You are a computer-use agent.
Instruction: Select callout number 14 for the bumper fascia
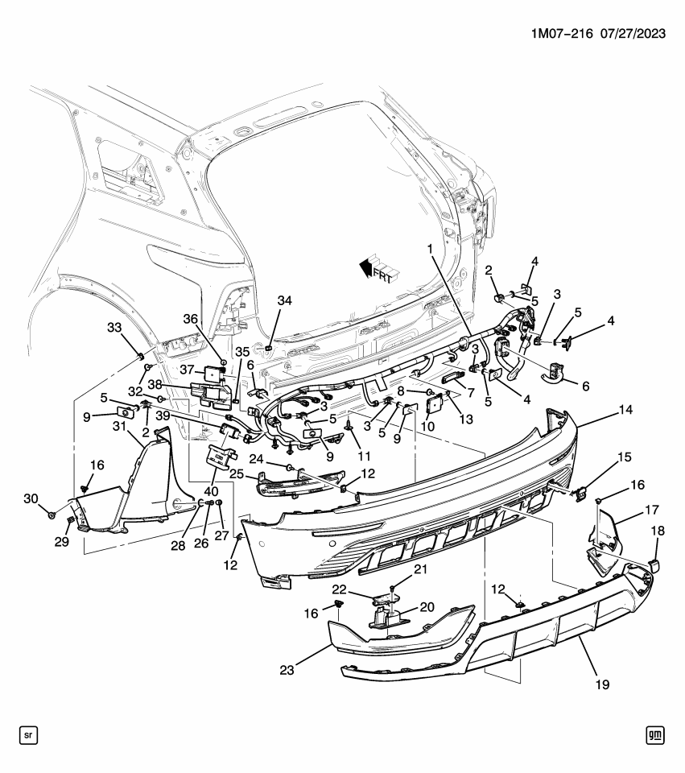pos(603,409)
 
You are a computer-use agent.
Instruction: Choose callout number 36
pos(191,318)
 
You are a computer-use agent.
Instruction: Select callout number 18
pos(658,531)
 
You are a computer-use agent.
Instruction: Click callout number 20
pos(427,607)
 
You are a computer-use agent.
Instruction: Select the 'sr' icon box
pos(29,734)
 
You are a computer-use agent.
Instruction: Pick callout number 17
pos(651,509)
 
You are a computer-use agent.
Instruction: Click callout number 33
pos(114,326)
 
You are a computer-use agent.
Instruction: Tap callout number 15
pos(624,457)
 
